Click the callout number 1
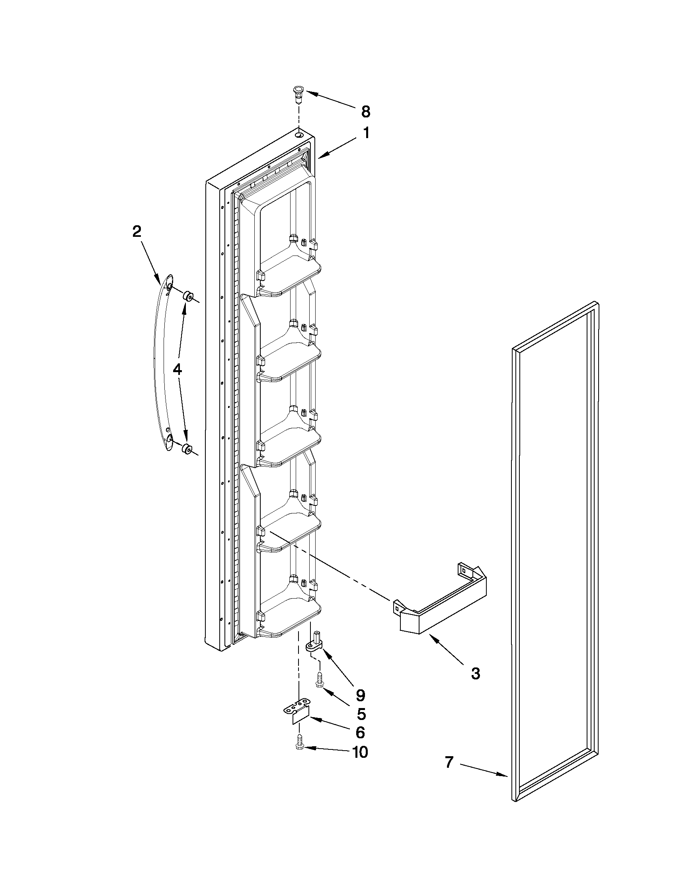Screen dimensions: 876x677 pos(366,133)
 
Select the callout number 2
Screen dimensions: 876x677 pos(137,231)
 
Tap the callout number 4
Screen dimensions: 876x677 pos(177,369)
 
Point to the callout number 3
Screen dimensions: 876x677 pos(475,674)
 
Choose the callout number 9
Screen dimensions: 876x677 pos(360,694)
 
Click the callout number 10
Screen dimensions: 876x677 pos(360,753)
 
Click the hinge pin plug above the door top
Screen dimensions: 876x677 pos(297,94)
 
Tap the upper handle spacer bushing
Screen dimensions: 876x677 pos(188,297)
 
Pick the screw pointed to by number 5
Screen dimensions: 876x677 pos(319,681)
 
